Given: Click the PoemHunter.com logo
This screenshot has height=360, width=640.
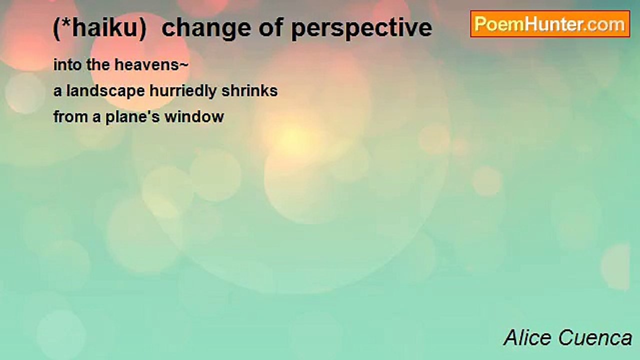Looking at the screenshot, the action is tap(550, 24).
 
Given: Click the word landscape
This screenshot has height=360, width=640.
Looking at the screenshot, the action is tap(105, 91).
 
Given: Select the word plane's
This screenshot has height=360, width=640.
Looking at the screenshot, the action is tap(132, 117).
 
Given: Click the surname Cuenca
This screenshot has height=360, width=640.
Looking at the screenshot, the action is tap(595, 337).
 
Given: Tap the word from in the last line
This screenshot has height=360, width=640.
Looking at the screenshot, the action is tap(70, 116).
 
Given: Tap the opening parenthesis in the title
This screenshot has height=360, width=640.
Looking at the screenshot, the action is tap(57, 29).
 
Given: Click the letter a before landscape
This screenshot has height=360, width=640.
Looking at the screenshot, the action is tap(57, 92).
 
